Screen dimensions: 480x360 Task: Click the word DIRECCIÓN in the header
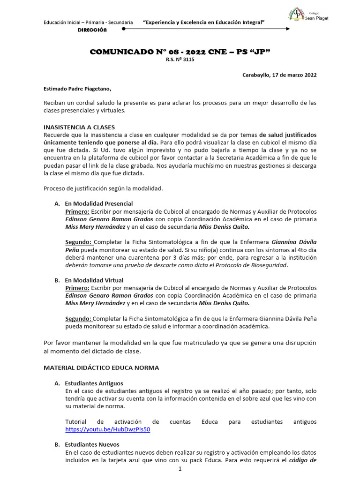coord(92,30)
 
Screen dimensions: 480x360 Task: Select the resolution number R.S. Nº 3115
coord(180,60)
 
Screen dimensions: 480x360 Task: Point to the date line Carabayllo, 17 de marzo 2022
coord(279,75)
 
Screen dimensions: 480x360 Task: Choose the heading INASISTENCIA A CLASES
coord(79,127)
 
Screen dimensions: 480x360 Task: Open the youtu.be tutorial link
coord(108,429)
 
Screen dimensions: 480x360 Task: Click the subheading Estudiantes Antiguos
coord(94,383)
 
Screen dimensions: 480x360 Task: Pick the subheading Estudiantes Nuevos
coord(92,444)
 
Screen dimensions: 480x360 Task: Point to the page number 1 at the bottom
coord(180,470)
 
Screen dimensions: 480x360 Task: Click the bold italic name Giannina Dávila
coord(294,242)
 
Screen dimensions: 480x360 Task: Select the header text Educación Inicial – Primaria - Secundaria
coord(88,22)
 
